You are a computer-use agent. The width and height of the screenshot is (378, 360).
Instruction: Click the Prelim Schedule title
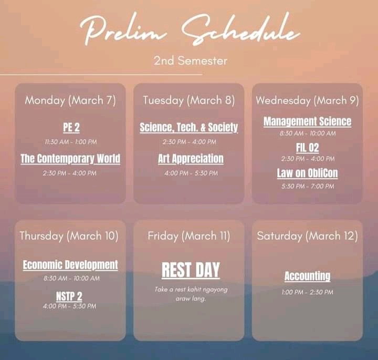tap(190, 30)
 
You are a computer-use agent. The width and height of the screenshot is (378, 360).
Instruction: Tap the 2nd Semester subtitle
tap(191, 60)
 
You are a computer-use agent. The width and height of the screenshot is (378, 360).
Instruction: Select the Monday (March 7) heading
tap(70, 100)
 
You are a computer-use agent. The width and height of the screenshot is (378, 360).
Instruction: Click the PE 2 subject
tap(71, 127)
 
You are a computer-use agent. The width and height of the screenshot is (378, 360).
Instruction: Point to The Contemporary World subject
tap(70, 159)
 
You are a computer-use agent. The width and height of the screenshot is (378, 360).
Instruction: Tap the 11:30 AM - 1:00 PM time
tap(71, 142)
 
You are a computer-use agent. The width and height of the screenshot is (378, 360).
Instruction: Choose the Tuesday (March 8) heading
tap(189, 100)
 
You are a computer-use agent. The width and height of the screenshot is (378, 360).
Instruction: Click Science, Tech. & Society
tap(189, 127)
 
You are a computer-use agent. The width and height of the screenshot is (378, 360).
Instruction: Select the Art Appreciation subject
tap(191, 159)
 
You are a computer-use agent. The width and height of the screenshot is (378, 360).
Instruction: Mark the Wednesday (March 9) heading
tap(307, 100)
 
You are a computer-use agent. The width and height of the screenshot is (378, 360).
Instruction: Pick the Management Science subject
tap(307, 121)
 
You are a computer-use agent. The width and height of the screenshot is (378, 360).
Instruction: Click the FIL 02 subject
tap(308, 148)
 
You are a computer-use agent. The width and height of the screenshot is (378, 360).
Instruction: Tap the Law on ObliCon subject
tap(307, 173)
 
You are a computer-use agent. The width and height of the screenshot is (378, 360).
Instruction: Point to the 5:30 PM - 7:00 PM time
tap(308, 186)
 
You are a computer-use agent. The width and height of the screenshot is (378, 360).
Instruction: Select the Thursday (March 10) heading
tap(69, 236)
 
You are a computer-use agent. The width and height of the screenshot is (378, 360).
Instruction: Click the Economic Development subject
tap(70, 265)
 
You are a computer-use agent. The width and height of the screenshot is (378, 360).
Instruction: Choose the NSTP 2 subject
tap(69, 296)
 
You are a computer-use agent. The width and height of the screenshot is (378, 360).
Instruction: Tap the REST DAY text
tap(191, 270)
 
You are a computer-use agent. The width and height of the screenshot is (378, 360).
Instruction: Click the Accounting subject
tap(307, 276)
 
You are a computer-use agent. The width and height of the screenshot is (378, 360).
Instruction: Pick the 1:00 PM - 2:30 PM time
tap(307, 292)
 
